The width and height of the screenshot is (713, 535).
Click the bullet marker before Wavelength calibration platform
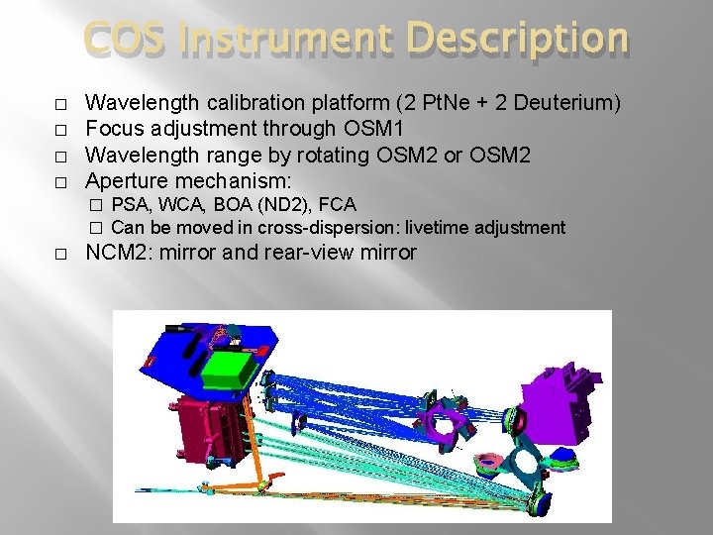coord(61,103)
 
